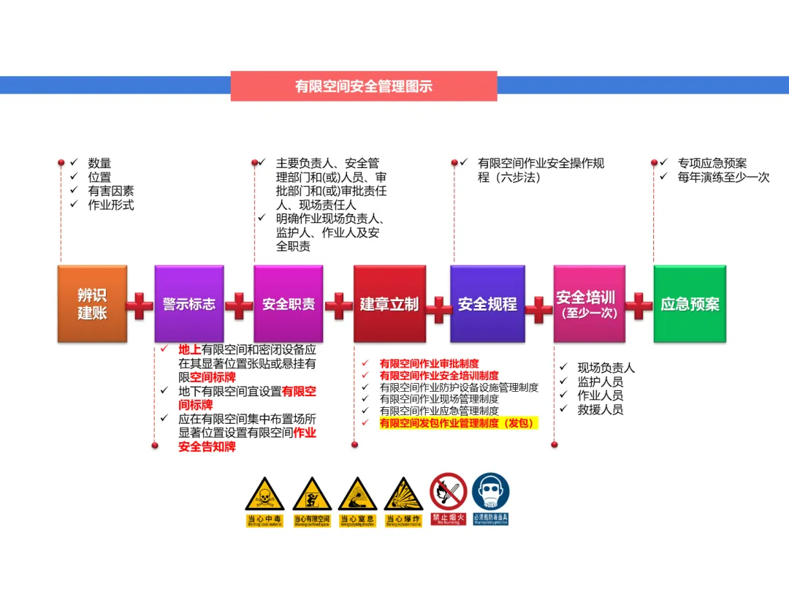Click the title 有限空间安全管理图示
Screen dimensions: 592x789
tap(364, 86)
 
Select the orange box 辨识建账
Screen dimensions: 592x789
tap(92, 304)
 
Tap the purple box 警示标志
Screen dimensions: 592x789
tap(189, 304)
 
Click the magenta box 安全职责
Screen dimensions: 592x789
tap(289, 304)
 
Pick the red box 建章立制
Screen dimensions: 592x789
tap(389, 304)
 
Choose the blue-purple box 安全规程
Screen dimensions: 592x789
tap(487, 304)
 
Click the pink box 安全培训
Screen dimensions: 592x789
tap(589, 304)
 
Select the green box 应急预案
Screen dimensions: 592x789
tap(690, 304)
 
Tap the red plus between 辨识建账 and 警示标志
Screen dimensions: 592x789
tap(140, 306)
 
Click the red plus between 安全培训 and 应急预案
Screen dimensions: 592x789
tap(639, 306)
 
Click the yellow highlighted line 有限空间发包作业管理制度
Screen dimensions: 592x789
tap(458, 423)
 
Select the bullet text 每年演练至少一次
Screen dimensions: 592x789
tap(723, 177)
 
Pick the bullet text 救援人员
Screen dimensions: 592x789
tap(600, 409)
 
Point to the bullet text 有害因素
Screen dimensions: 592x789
tap(111, 191)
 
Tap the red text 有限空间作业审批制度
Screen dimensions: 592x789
tap(429, 363)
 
